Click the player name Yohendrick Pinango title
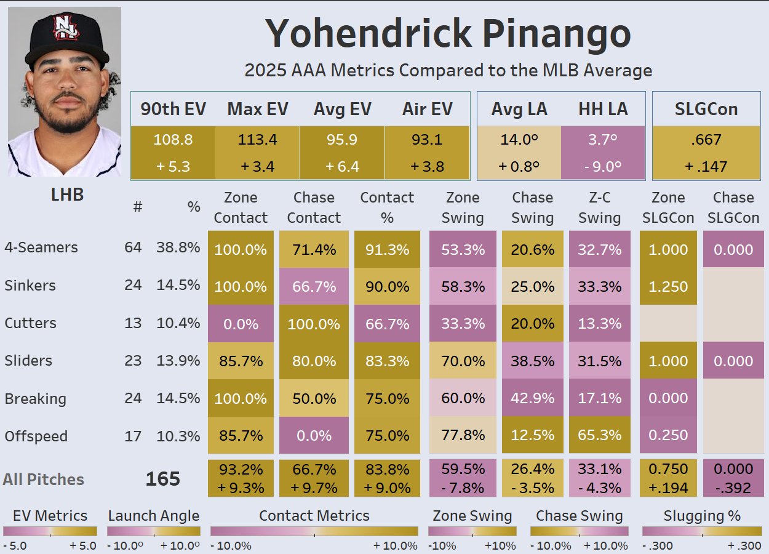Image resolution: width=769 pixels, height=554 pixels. click(448, 34)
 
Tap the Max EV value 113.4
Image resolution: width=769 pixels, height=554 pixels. click(258, 140)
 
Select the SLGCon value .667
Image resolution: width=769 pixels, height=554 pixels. click(706, 140)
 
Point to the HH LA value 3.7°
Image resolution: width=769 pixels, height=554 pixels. click(603, 140)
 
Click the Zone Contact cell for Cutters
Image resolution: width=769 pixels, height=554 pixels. click(241, 324)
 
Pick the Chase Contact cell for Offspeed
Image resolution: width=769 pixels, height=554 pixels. click(314, 436)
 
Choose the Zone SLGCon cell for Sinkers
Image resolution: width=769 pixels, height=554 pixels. click(668, 286)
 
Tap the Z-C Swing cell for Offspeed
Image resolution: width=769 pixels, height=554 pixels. click(599, 436)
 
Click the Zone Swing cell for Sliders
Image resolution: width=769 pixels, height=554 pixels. click(462, 361)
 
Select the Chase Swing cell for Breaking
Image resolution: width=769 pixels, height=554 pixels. click(532, 398)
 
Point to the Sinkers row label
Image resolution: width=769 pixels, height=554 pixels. click(30, 286)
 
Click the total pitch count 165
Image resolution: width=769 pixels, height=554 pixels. click(162, 479)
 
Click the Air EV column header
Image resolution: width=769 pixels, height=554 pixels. click(427, 110)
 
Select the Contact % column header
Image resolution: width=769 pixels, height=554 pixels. click(387, 207)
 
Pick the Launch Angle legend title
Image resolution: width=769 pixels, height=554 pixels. click(153, 516)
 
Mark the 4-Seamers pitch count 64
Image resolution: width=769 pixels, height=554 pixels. click(132, 247)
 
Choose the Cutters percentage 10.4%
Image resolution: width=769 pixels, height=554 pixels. click(178, 323)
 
